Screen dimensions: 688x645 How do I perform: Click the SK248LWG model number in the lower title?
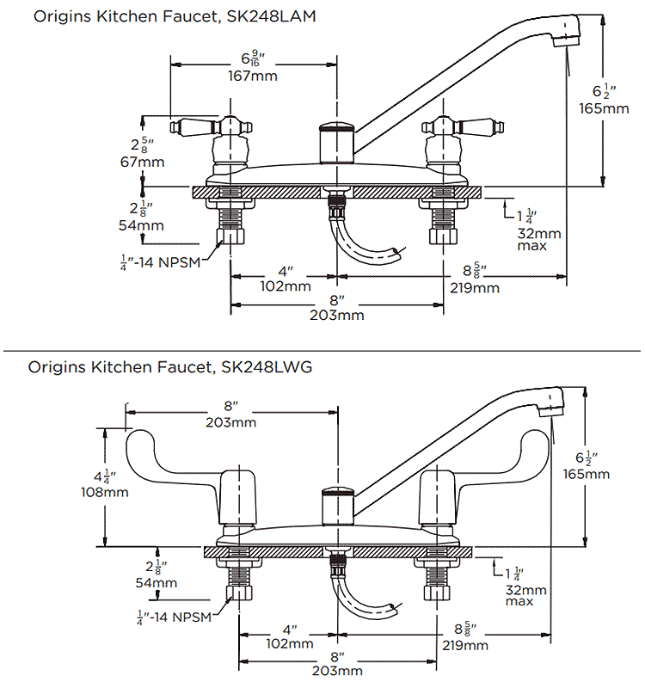(x=261, y=367)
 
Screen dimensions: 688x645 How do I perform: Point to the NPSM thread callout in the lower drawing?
(x=176, y=617)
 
